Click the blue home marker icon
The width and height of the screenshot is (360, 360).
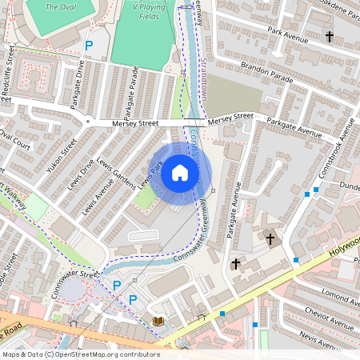click(x=180, y=174)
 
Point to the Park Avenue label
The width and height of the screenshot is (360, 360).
click(x=288, y=34)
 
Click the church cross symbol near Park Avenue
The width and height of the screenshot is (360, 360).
click(x=330, y=36)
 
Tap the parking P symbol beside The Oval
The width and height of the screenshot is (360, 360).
click(x=89, y=46)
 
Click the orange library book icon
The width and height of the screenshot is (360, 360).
click(x=158, y=321)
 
